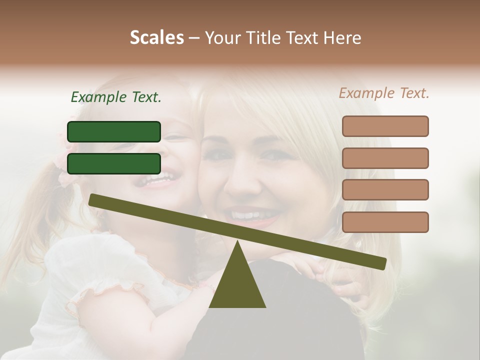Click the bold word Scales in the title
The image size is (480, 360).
click(156, 37)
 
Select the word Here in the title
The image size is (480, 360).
click(342, 38)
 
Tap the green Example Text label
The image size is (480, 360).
click(116, 97)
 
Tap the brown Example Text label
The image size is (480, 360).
click(384, 93)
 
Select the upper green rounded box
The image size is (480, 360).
click(114, 131)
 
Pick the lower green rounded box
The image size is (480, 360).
click(114, 163)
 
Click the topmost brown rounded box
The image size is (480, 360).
click(385, 126)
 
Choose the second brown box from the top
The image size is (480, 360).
click(385, 158)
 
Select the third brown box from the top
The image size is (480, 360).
click(385, 189)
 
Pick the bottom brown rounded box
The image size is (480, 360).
click(385, 222)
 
